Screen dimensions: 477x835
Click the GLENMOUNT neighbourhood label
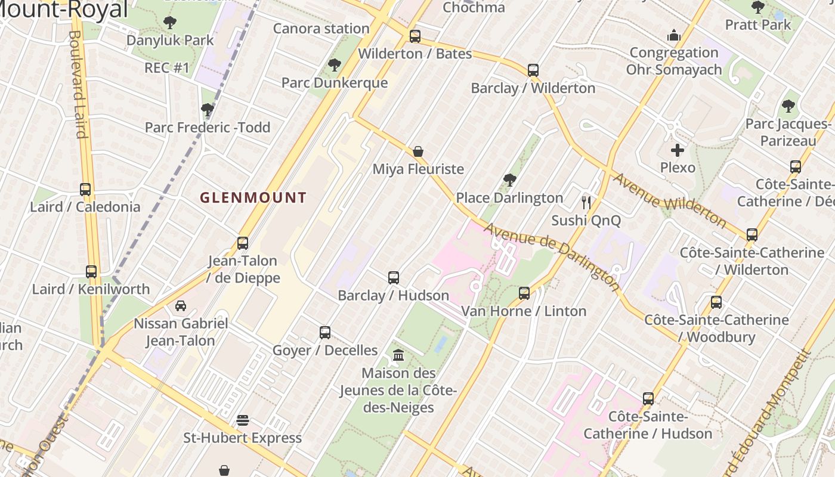point(253,197)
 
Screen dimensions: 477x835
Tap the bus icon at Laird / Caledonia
point(85,190)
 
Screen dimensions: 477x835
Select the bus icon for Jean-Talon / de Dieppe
point(243,243)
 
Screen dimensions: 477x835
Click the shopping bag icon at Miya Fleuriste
point(418,151)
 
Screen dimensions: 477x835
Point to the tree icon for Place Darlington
point(509,179)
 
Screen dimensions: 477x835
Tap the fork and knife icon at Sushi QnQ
point(586,203)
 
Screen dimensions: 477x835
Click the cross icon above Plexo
point(678,150)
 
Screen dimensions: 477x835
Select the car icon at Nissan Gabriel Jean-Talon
point(181,306)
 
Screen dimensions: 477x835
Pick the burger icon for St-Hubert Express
point(242,420)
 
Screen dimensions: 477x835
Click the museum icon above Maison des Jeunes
point(398,355)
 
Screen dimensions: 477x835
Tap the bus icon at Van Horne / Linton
point(524,293)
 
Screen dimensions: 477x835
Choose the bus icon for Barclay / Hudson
point(394,277)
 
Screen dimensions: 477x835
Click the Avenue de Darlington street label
point(552,256)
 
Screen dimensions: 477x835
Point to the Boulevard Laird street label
point(77,83)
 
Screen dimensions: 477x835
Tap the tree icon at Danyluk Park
point(170,23)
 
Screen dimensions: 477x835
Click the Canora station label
point(321,29)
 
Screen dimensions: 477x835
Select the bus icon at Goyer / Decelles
point(325,332)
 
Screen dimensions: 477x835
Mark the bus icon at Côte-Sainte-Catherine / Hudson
point(648,398)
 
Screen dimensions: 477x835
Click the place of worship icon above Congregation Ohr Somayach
point(674,35)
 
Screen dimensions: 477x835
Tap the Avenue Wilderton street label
point(670,201)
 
